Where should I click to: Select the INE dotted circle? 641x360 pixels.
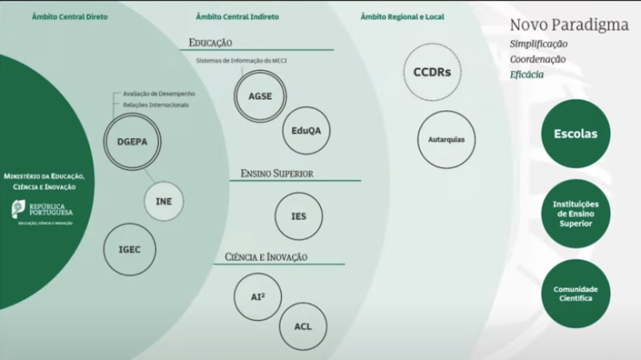click(164, 201)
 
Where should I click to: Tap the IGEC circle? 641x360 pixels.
click(130, 249)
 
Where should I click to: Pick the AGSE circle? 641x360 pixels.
click(260, 96)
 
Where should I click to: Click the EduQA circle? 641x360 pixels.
click(306, 130)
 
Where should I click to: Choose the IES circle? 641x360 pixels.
click(299, 216)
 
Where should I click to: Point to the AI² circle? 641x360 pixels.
click(258, 296)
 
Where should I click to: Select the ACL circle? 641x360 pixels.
click(303, 326)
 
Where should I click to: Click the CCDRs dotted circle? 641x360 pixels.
click(432, 72)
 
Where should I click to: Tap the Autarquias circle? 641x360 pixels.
click(446, 140)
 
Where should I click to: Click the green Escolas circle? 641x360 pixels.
click(575, 134)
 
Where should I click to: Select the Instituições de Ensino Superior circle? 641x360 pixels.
click(575, 214)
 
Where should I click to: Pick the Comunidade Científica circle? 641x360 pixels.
click(575, 293)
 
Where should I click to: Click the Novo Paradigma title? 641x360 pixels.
click(569, 24)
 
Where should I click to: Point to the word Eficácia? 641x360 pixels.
click(527, 74)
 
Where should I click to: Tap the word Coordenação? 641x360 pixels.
click(538, 59)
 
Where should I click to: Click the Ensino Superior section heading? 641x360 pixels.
click(276, 173)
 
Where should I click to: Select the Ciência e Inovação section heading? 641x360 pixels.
click(266, 257)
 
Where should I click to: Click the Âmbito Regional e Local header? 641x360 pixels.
click(402, 17)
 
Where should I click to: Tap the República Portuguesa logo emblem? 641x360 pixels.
click(18, 209)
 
